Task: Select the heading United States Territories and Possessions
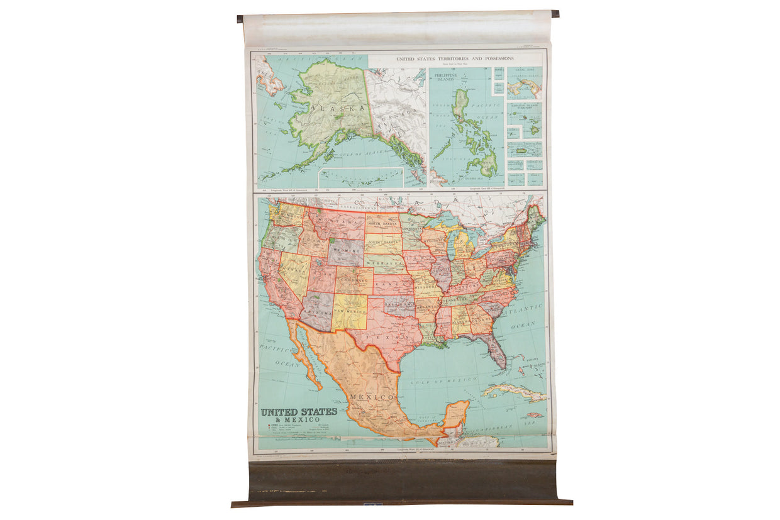coord(454,58)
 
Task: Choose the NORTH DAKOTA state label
coord(383,224)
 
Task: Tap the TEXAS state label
coord(389,337)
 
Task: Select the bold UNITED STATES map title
coord(299,412)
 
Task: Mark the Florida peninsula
coord(496,353)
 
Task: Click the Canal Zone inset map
coord(525,86)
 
